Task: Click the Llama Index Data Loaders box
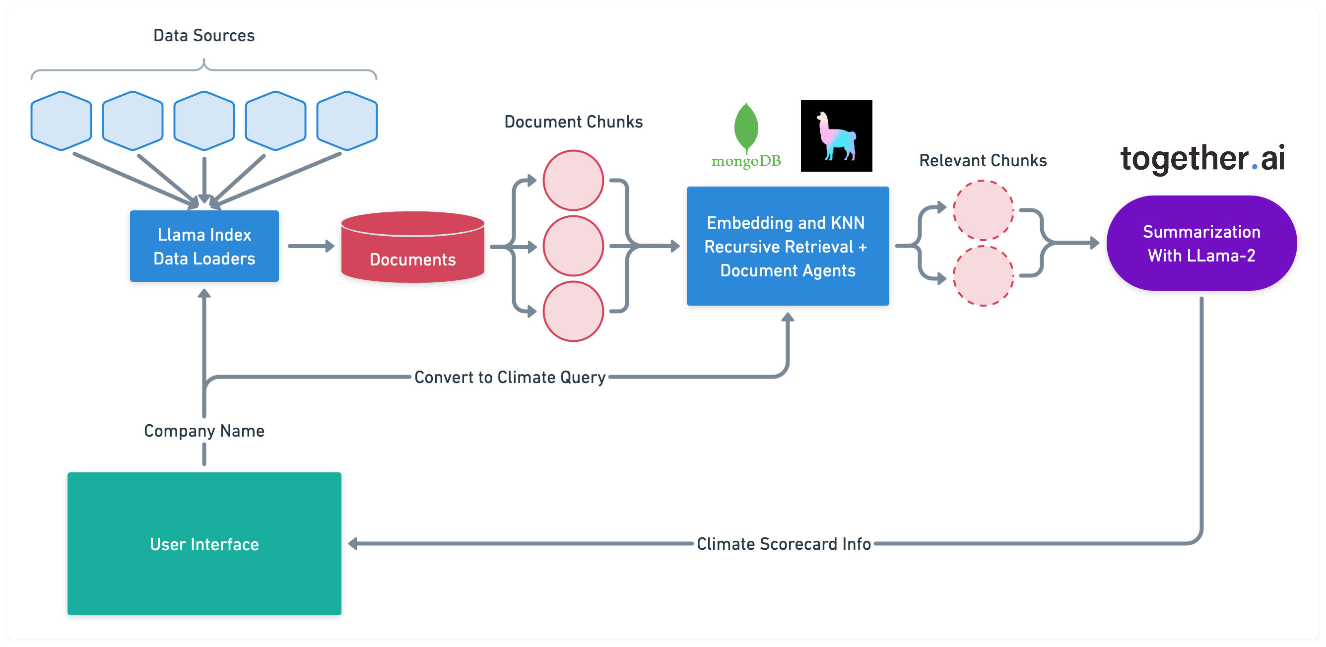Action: (204, 246)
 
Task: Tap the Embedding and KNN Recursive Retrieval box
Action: (788, 246)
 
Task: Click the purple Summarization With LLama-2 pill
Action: (1201, 243)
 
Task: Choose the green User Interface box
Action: (204, 543)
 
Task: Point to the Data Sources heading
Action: (204, 36)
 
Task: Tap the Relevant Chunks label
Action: (983, 161)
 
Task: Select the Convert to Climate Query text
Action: (510, 377)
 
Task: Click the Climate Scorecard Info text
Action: (784, 544)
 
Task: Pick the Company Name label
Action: (204, 431)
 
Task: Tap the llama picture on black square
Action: (837, 136)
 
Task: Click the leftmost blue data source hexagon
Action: (61, 121)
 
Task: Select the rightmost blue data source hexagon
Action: (347, 121)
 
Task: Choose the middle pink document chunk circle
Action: (573, 246)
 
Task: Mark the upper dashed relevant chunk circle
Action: (983, 210)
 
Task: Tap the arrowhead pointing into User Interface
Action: (353, 543)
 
